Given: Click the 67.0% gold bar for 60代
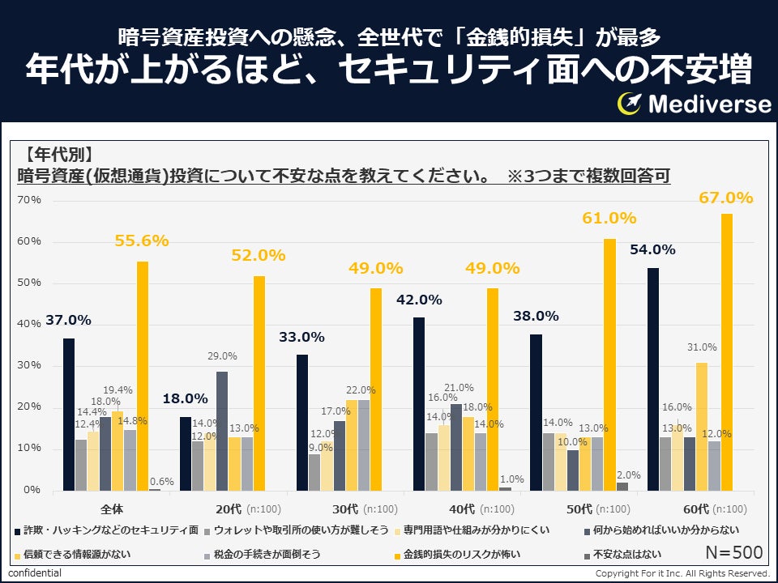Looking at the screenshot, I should tap(727, 352).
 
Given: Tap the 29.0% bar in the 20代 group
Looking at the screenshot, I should tap(221, 430).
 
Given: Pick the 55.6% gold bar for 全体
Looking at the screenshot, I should tap(142, 376).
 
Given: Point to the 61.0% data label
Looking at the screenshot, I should tap(609, 218).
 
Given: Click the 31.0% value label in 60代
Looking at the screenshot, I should tap(702, 347).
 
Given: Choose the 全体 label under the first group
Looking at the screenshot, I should tap(111, 509).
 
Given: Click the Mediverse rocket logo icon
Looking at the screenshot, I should tap(630, 103).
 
